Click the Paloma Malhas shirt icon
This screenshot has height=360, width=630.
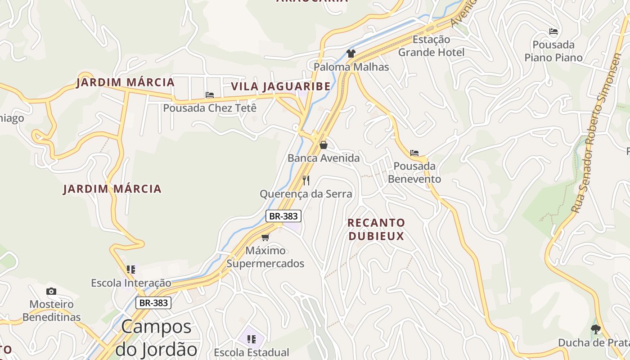(351, 54)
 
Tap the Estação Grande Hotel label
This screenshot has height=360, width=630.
(431, 46)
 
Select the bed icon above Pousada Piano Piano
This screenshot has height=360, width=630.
(553, 31)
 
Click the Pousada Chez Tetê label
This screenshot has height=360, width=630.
(210, 108)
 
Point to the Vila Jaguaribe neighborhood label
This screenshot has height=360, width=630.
(281, 86)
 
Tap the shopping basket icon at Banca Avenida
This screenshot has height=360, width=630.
(323, 145)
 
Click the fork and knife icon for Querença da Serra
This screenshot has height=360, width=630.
(306, 180)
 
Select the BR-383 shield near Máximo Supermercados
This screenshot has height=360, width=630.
(283, 216)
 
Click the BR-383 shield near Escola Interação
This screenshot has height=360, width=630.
(153, 303)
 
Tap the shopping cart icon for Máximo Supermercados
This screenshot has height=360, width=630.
(265, 237)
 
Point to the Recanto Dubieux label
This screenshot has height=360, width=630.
(376, 229)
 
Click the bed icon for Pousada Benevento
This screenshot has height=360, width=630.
(414, 153)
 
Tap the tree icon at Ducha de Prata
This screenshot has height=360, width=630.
(596, 329)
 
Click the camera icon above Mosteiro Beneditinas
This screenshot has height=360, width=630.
(51, 291)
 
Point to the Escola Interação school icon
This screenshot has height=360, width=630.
(131, 270)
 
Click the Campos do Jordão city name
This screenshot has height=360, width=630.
(157, 337)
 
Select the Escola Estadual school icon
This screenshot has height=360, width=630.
(251, 339)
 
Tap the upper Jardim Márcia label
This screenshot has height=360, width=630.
(125, 82)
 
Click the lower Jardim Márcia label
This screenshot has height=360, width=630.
(112, 189)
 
